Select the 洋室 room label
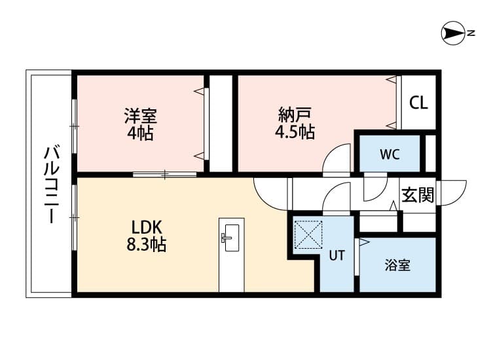140,117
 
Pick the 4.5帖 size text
294,132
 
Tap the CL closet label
418,103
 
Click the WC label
390,154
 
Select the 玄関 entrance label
417,195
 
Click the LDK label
147,228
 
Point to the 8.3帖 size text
147,245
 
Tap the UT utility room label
336,256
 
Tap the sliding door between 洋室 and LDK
164,174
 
